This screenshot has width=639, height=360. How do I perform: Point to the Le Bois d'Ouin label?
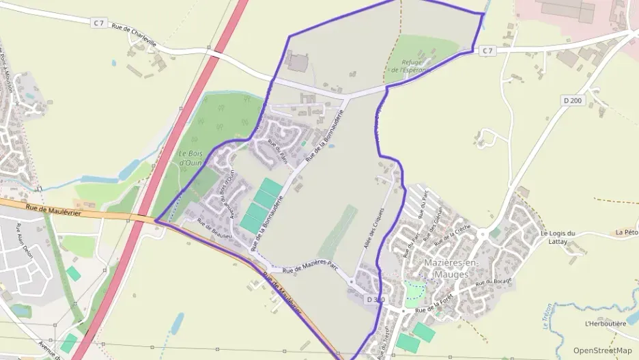tap(191, 158)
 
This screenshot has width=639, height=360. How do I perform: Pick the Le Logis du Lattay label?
tap(558, 238)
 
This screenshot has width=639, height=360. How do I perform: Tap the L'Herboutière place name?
tap(606, 323)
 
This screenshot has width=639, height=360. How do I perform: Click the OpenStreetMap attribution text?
tap(603, 350)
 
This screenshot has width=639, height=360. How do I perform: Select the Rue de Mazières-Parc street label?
tap(311, 267)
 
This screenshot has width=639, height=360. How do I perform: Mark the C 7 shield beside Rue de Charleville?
tap(99, 23)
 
